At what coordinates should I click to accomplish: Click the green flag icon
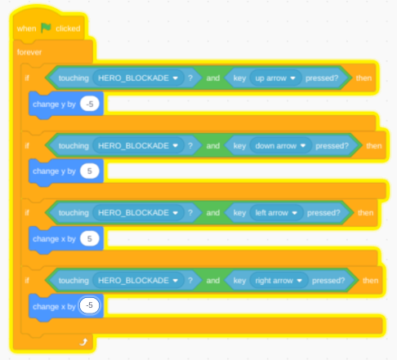pyautogui.click(x=46, y=28)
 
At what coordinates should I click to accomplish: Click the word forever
pyautogui.click(x=29, y=52)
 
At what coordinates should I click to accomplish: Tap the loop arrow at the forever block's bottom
pyautogui.click(x=83, y=342)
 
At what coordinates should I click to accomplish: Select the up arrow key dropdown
pyautogui.click(x=275, y=78)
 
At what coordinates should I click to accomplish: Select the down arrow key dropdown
pyautogui.click(x=281, y=146)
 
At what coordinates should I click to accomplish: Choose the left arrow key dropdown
pyautogui.click(x=276, y=213)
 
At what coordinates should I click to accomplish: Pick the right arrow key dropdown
pyautogui.click(x=279, y=281)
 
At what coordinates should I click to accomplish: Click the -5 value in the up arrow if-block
pyautogui.click(x=90, y=104)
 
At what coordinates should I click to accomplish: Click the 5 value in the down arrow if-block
pyautogui.click(x=90, y=171)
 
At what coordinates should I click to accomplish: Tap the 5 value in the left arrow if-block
pyautogui.click(x=90, y=238)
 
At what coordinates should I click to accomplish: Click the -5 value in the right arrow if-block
pyautogui.click(x=89, y=305)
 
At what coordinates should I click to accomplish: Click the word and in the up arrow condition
pyautogui.click(x=213, y=78)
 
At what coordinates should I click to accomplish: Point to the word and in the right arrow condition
pyautogui.click(x=213, y=281)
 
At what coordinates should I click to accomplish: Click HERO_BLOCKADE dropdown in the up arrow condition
pyautogui.click(x=138, y=78)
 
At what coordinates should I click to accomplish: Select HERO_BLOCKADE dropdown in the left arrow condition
pyautogui.click(x=138, y=213)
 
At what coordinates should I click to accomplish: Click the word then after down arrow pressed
pyautogui.click(x=374, y=146)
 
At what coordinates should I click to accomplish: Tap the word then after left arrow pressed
pyautogui.click(x=365, y=213)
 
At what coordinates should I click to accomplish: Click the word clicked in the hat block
pyautogui.click(x=68, y=29)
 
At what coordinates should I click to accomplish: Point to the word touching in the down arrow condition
pyautogui.click(x=74, y=146)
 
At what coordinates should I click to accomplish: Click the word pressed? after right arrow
pyautogui.click(x=328, y=281)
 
